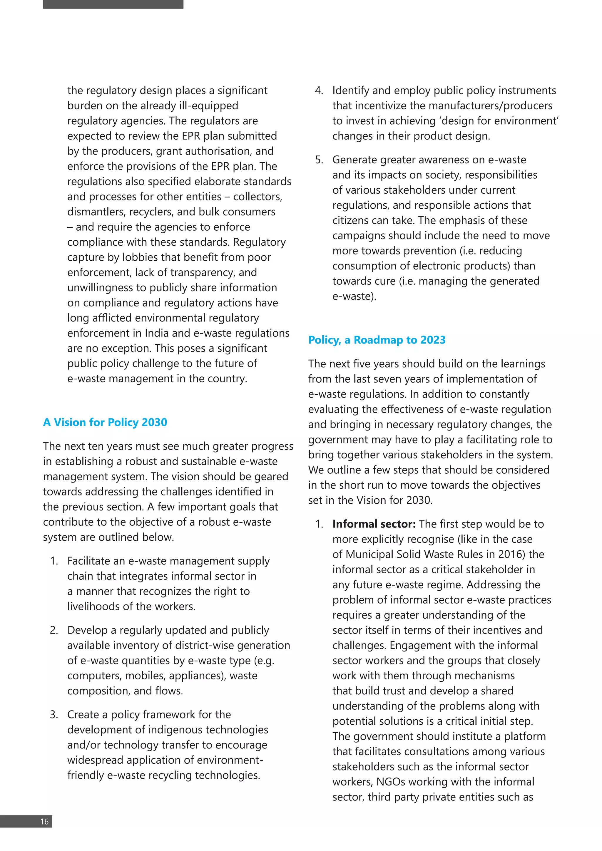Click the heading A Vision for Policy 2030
click(x=105, y=422)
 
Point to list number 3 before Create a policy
click(x=54, y=714)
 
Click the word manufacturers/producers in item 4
click(x=490, y=105)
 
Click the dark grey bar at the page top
click(x=113, y=4)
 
